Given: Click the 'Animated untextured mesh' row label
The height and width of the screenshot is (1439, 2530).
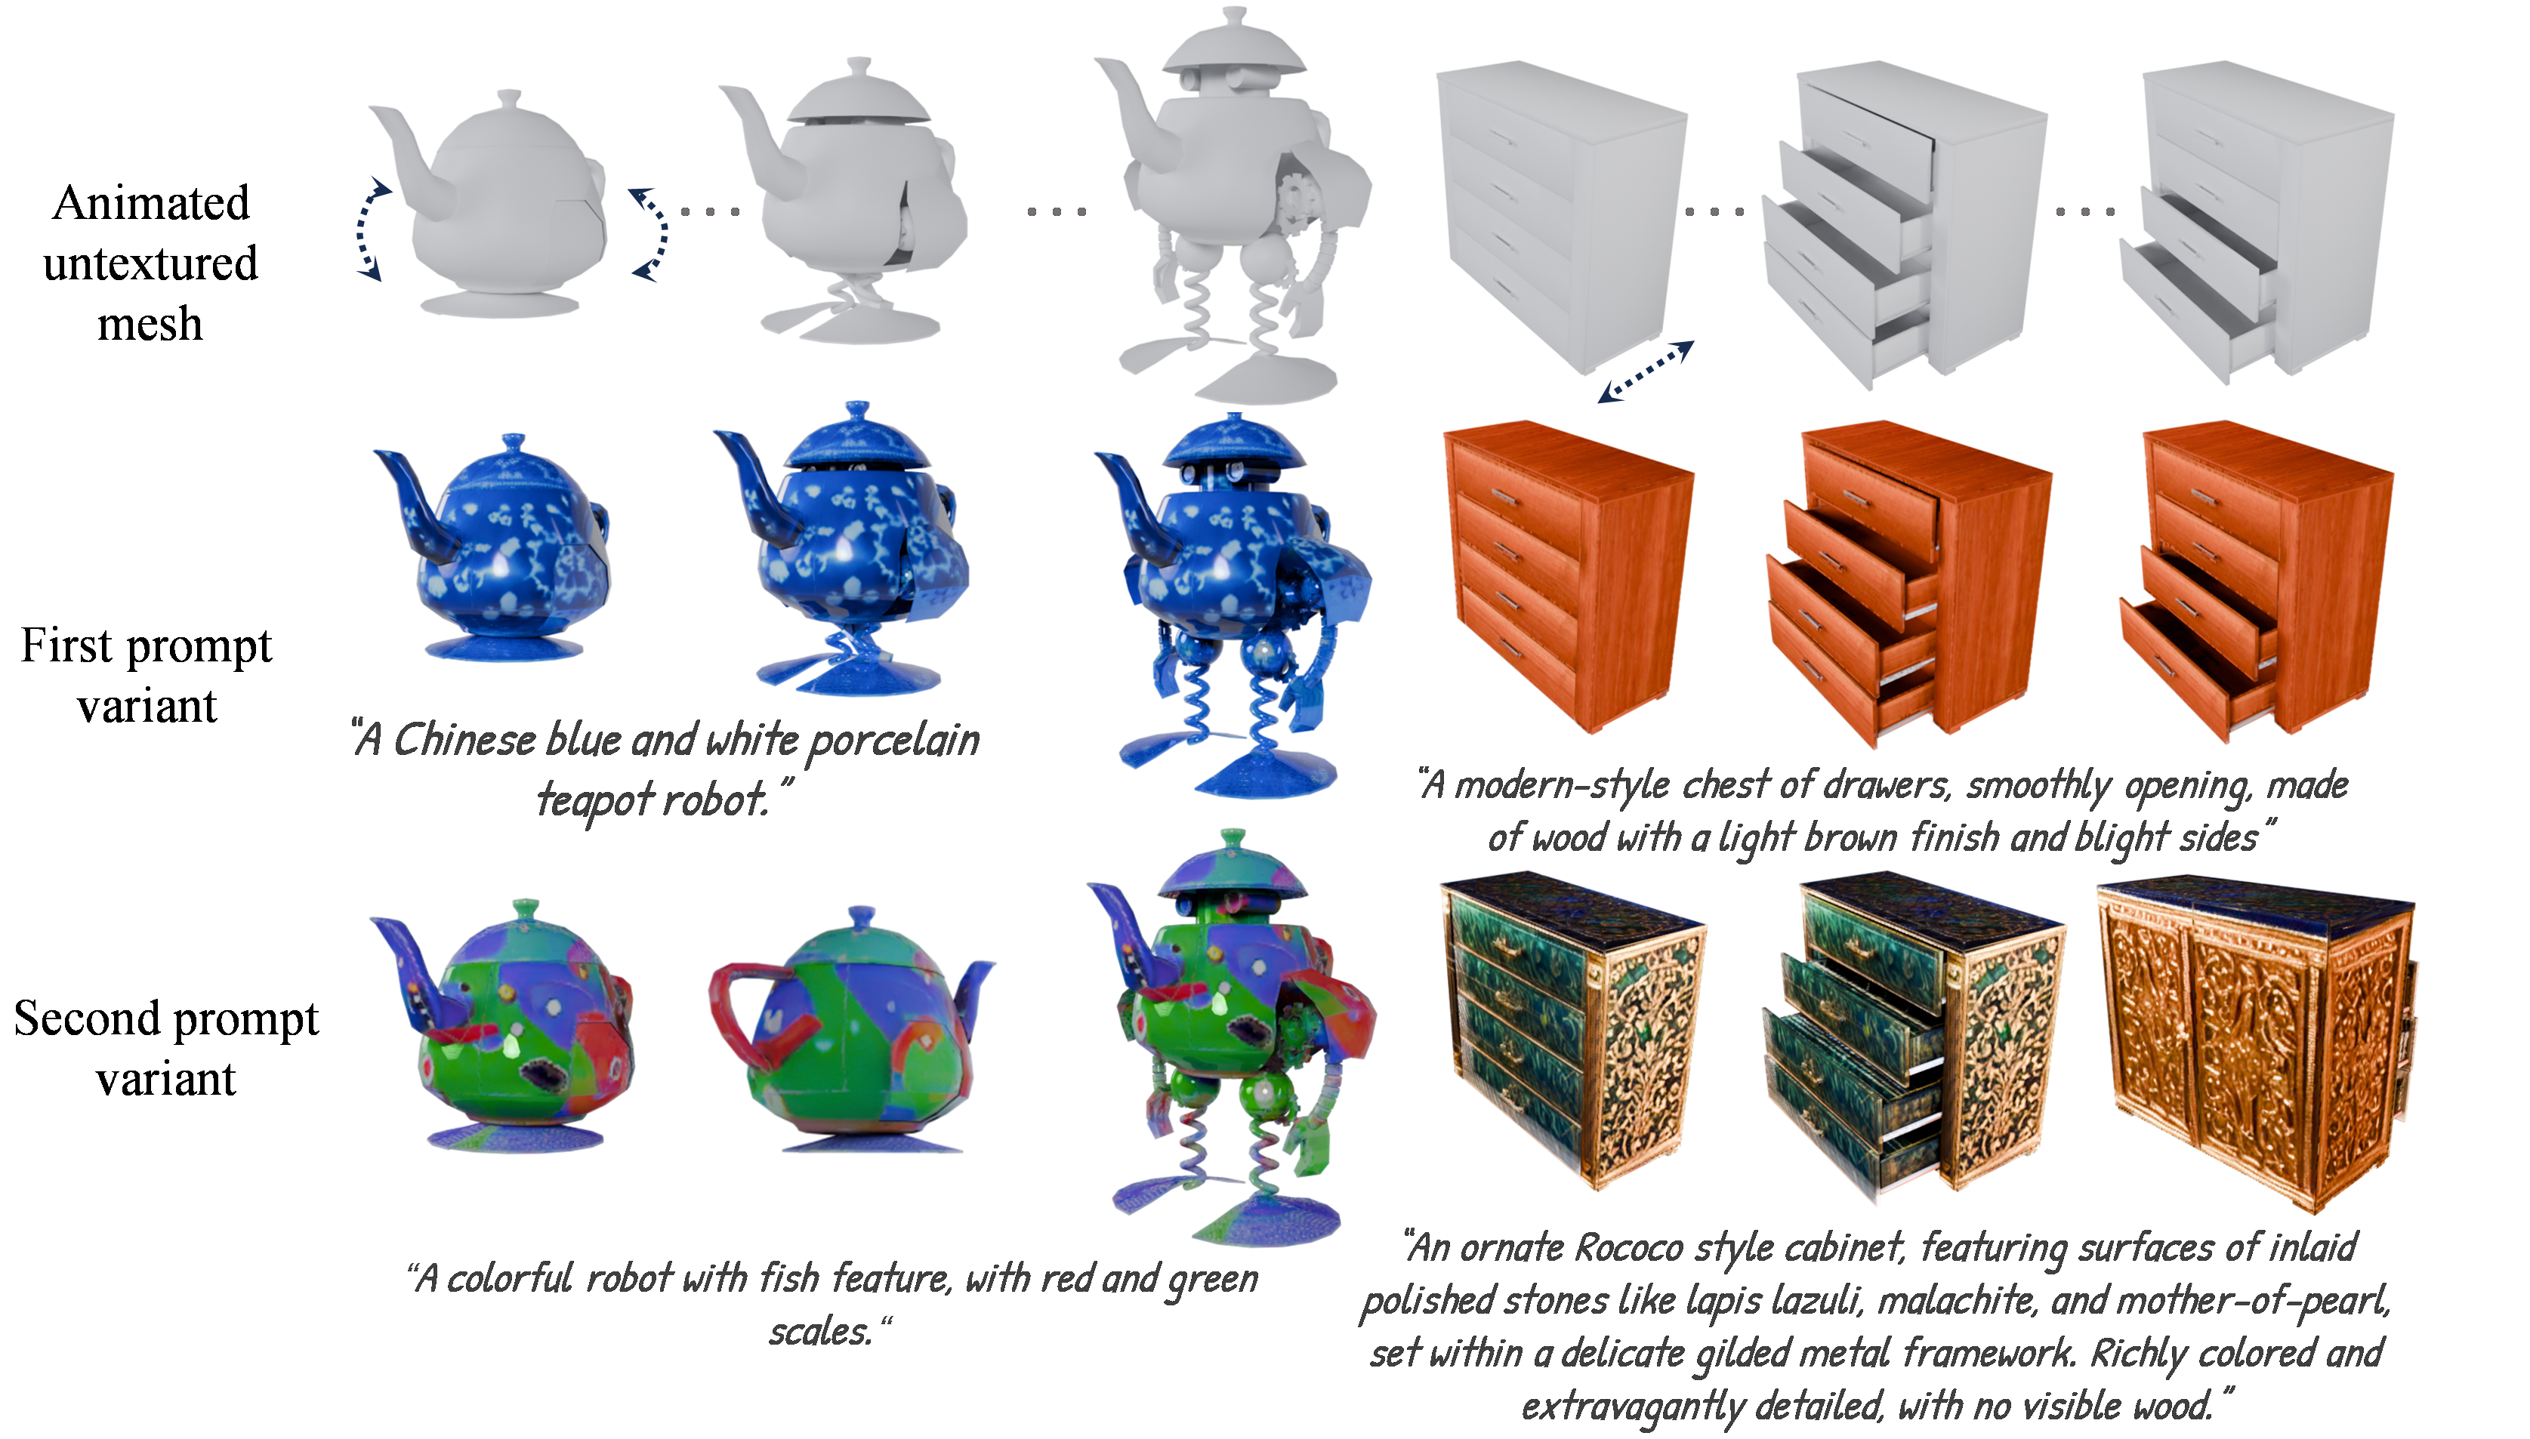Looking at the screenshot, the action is click(x=150, y=263).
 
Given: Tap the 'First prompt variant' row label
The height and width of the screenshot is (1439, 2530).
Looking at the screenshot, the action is click(x=147, y=675).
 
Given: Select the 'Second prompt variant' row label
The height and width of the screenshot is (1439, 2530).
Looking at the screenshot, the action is click(x=166, y=1048).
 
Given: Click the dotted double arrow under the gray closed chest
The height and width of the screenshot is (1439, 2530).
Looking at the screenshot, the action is click(x=1646, y=371).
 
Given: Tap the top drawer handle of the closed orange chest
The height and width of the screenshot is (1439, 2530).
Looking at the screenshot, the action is click(x=1504, y=497).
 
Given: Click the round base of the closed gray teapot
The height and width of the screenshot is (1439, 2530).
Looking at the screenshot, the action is click(x=500, y=304).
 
